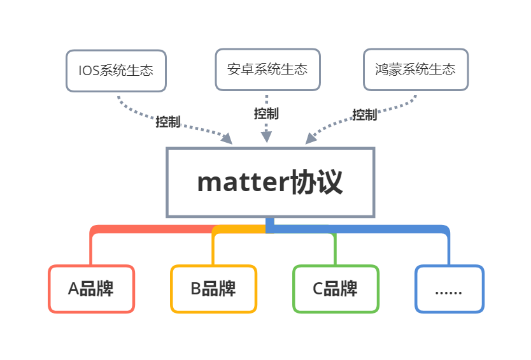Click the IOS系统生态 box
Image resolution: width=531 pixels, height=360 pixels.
(116, 70)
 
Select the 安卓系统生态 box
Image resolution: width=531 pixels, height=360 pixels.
(267, 69)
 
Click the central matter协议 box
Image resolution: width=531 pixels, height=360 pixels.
(270, 183)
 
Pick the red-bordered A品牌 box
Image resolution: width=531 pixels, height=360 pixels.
(91, 289)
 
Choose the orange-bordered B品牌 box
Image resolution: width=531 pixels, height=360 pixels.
(213, 289)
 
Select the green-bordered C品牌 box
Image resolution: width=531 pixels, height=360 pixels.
(336, 289)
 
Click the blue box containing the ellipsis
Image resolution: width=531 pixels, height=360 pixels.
(449, 289)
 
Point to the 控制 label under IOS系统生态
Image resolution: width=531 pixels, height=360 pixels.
(168, 122)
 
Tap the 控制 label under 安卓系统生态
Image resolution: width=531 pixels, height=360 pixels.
(266, 113)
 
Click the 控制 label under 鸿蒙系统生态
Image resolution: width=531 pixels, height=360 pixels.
(365, 115)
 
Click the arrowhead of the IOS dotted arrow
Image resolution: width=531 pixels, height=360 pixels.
(226, 138)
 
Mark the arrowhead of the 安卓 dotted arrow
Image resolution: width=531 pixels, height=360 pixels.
(266, 136)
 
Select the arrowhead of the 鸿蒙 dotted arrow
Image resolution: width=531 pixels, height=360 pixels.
(310, 138)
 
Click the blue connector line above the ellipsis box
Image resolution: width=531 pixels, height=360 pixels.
(448, 245)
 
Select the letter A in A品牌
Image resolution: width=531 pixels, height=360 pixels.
(73, 289)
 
